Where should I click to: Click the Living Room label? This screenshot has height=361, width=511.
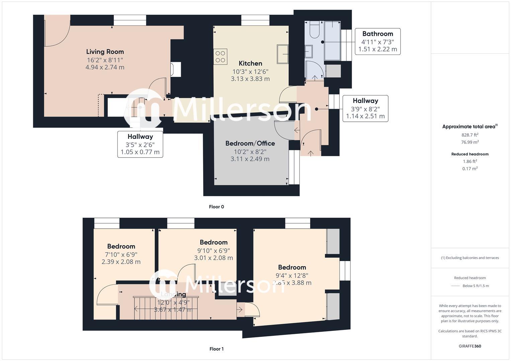[x=105, y=52]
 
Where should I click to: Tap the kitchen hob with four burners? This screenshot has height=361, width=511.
[x=220, y=57]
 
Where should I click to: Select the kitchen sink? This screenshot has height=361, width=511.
[x=282, y=54]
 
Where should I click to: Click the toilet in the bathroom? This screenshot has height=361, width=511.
[x=315, y=30]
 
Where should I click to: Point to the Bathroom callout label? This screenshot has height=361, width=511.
[x=377, y=34]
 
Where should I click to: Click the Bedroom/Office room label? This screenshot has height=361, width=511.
[x=250, y=143]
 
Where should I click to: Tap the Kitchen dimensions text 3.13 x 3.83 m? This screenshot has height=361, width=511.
[x=250, y=79]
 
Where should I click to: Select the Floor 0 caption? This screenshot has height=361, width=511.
[x=217, y=207]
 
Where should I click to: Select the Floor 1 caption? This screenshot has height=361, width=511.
[x=217, y=349]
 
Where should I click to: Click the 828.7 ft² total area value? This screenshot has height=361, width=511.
[x=470, y=135]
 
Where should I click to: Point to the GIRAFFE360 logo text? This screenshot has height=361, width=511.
[x=470, y=346]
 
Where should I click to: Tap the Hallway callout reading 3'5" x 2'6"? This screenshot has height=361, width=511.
[x=140, y=144]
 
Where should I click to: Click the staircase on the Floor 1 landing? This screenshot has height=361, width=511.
[x=166, y=308]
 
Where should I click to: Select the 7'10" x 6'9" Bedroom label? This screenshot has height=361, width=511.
[x=121, y=254]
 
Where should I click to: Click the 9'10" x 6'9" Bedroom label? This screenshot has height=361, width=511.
[x=214, y=250]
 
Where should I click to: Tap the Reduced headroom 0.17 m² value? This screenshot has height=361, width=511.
[x=470, y=169]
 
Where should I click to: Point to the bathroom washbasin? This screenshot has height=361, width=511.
[x=309, y=52]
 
